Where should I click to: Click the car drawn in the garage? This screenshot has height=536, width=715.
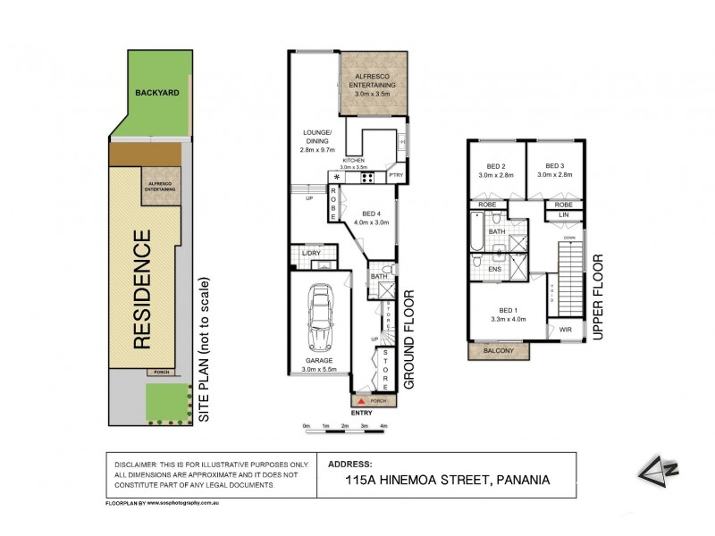[x=319, y=319]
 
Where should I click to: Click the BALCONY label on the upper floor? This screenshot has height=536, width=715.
[x=499, y=351]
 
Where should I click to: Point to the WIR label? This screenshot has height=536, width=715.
[x=565, y=330]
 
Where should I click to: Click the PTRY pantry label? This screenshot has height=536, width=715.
[x=397, y=175]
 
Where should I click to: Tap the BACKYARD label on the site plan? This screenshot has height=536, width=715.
[x=154, y=92]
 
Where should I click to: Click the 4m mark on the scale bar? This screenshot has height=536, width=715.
[x=383, y=426]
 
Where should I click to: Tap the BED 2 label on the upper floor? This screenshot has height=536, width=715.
[x=496, y=166]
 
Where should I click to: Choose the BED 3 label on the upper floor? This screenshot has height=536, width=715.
[x=556, y=166]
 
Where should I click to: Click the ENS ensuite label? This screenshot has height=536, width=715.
[x=495, y=268]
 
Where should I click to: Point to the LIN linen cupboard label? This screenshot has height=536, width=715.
[x=564, y=215]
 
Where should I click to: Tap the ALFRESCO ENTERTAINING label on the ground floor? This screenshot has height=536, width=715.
[x=374, y=80]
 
